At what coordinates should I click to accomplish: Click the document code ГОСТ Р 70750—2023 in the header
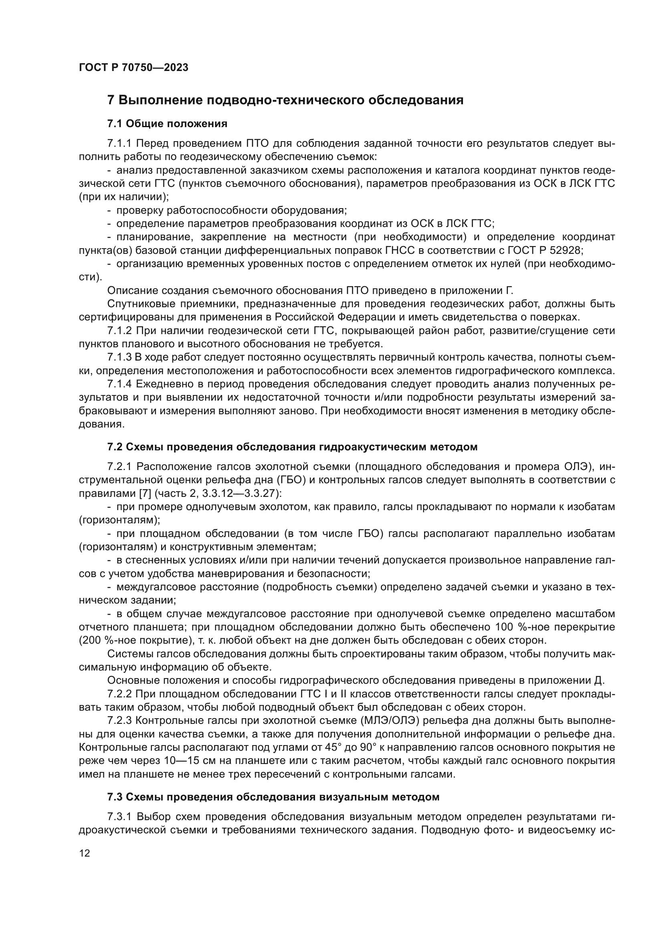133,67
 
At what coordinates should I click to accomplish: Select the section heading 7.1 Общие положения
167,124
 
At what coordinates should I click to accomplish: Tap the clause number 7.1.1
119,144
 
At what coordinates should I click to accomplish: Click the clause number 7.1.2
119,330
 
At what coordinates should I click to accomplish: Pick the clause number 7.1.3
119,357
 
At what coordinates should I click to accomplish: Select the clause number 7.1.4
119,384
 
